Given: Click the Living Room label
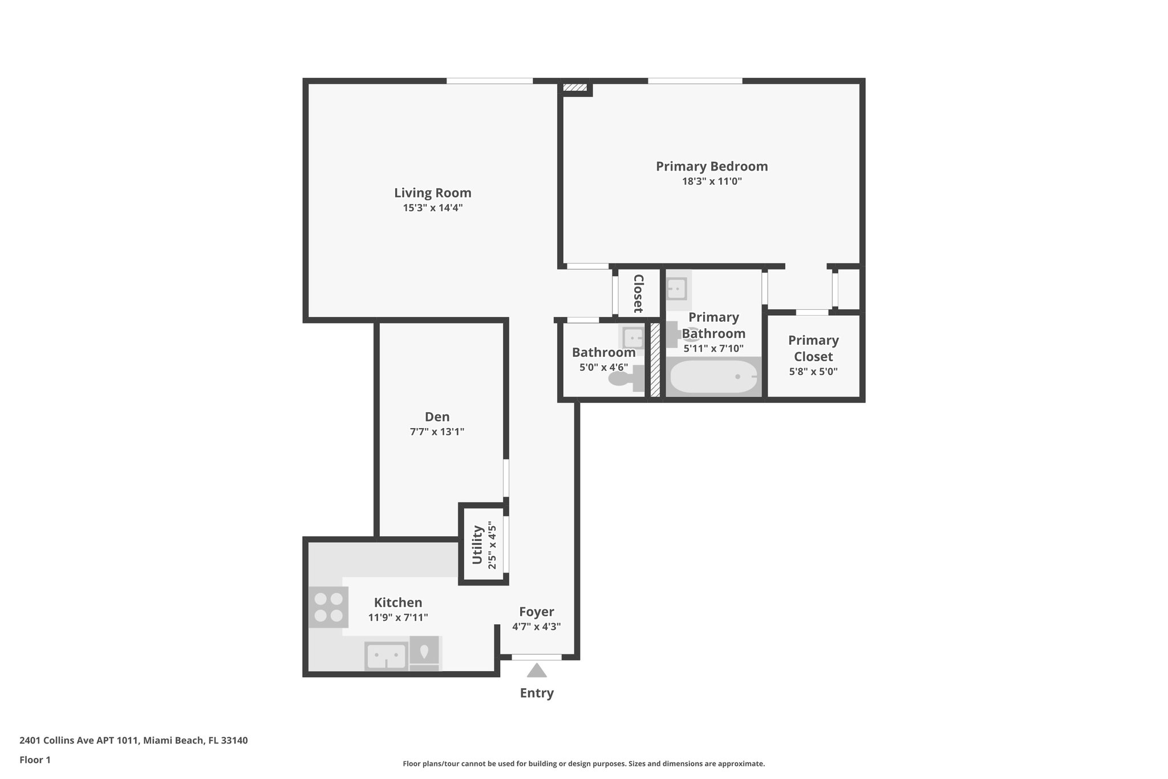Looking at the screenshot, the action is tap(433, 193).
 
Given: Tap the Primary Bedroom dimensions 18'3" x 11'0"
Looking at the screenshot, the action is tap(712, 181).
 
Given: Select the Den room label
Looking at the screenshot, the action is tap(437, 417).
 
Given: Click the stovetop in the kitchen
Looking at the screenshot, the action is tap(328, 607).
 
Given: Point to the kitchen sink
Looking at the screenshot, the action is tap(386, 656).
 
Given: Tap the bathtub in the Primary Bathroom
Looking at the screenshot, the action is tap(713, 377).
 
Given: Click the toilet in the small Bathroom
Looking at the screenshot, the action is tap(626, 378).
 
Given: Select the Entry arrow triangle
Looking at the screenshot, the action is tap(537, 670).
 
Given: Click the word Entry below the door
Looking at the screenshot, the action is tap(537, 693).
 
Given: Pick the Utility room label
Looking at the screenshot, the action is tap(478, 544).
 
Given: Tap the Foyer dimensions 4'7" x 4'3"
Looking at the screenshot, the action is tap(537, 626).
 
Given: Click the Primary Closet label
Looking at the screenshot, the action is tap(813, 348).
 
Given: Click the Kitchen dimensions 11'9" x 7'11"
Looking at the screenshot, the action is tap(398, 617).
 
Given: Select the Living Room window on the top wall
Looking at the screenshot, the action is tap(489, 81).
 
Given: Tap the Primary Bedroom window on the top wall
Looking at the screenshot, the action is tap(695, 81).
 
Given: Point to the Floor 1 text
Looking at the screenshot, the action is tap(35, 760).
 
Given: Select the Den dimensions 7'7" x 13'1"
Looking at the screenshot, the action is tap(437, 431).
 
